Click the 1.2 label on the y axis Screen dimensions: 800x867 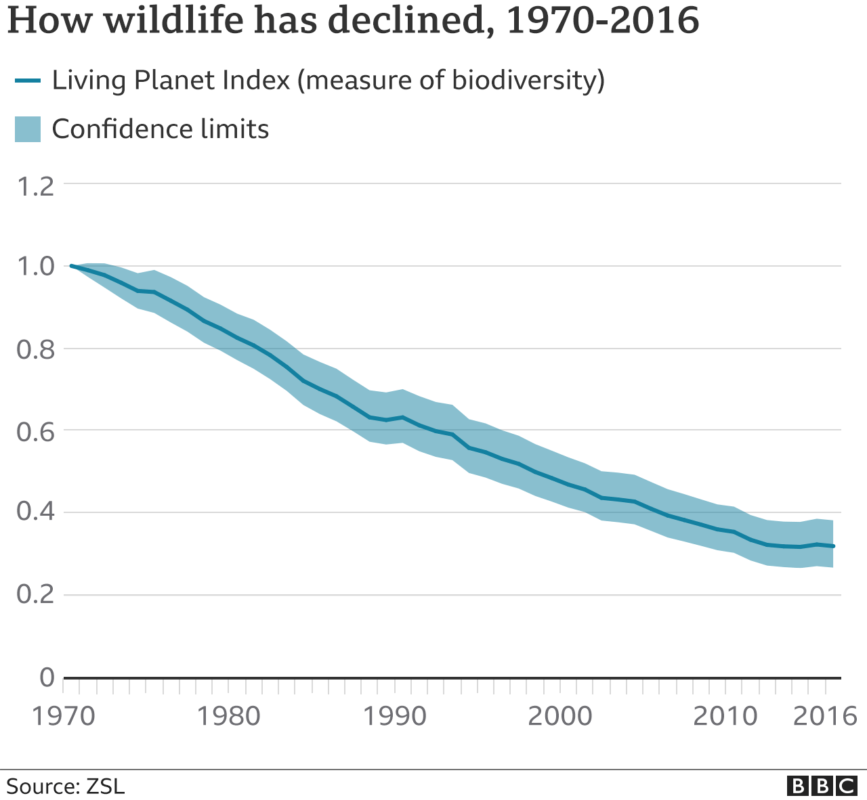35,186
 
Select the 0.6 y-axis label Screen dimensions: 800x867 35,431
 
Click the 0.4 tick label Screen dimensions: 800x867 35,513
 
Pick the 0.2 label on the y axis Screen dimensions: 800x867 35,595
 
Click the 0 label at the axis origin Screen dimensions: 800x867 47,676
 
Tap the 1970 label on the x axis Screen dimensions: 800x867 64,716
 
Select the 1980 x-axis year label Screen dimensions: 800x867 228,716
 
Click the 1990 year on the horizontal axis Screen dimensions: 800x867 394,716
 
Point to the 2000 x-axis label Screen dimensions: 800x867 559,716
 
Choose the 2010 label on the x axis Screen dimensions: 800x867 725,716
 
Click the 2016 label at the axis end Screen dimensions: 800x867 824,716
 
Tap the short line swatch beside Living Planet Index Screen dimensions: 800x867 27,81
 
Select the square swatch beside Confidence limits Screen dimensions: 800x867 28,129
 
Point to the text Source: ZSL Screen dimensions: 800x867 66,786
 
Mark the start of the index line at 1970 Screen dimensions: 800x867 72,266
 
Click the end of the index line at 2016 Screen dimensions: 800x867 833,546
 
